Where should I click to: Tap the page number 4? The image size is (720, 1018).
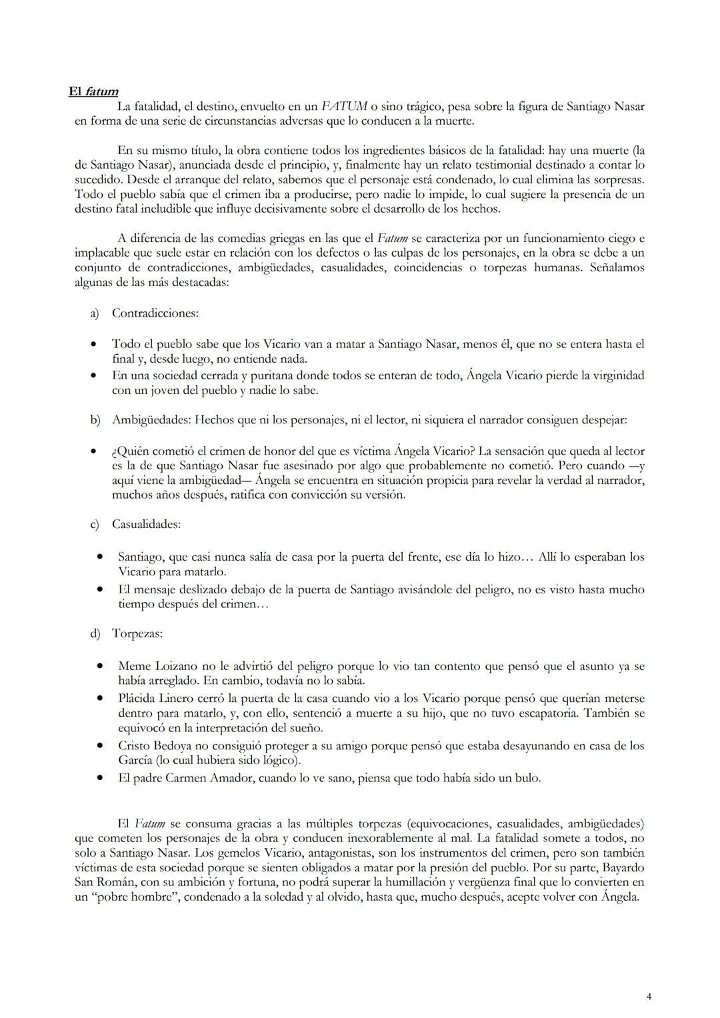click(649, 997)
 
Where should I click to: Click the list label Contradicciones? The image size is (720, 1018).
click(155, 313)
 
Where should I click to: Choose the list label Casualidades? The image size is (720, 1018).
click(146, 524)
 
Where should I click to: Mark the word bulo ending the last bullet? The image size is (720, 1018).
click(527, 778)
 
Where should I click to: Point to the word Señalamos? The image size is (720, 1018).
click(617, 268)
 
